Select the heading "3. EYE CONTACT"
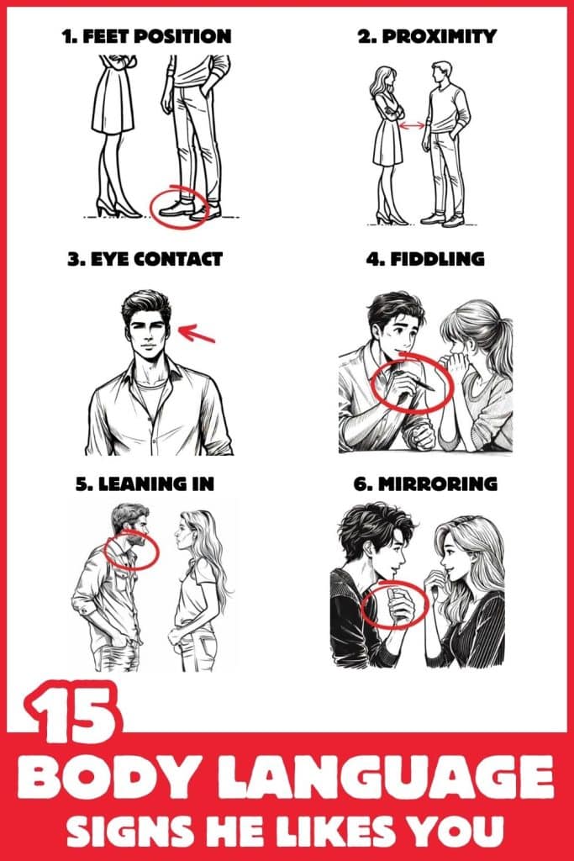tap(145, 259)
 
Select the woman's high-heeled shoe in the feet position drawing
tap(109, 208)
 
